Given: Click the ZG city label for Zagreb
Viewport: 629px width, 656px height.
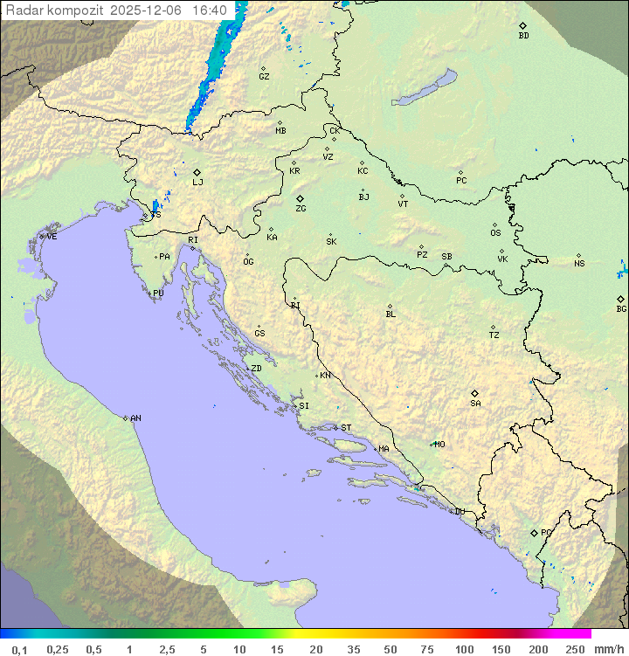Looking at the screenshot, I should [301, 209].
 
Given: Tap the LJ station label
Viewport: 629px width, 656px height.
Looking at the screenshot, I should [197, 182].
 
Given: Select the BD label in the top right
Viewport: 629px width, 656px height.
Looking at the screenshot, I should [523, 36].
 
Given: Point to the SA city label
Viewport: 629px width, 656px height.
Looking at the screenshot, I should [475, 403].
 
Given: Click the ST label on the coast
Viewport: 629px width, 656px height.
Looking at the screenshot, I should [346, 428].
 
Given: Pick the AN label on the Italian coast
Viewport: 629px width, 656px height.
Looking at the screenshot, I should [135, 418].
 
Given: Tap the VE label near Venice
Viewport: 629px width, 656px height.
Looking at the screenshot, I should [52, 237].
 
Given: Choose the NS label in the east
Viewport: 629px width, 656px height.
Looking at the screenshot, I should [579, 264].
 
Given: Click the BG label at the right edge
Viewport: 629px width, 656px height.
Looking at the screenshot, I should [621, 308].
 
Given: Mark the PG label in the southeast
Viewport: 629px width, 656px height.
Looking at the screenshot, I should [546, 532].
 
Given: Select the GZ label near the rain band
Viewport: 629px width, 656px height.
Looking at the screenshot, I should [264, 77].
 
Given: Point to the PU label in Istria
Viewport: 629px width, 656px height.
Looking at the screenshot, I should [158, 293].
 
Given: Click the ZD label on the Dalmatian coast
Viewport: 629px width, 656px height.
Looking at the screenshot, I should [256, 369].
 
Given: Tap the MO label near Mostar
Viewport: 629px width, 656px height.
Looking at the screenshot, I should [439, 444].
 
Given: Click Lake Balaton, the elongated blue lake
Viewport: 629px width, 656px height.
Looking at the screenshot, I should [424, 89].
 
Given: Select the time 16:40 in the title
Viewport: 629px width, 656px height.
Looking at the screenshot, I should [210, 10].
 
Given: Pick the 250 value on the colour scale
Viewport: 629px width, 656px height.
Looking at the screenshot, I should [575, 649].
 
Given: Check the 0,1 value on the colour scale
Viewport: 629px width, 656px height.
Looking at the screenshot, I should [19, 649].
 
